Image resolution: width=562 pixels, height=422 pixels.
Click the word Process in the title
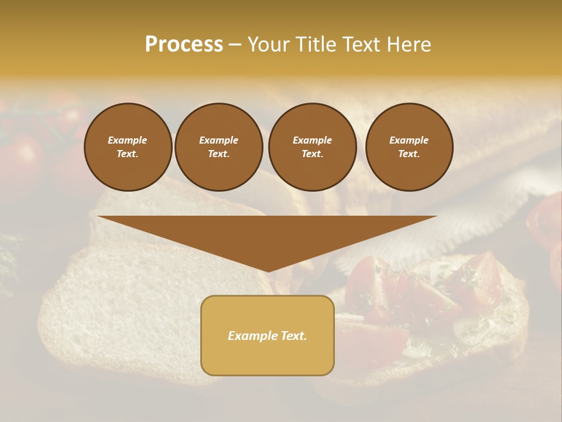(184, 45)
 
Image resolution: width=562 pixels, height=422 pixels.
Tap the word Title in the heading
(315, 45)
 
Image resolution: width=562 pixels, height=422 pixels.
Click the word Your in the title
(268, 45)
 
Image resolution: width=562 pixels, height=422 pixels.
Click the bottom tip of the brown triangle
(268, 270)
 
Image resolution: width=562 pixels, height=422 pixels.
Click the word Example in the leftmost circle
(128, 140)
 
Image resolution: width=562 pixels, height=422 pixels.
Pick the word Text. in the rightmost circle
(409, 154)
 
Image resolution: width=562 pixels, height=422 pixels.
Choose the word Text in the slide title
(360, 45)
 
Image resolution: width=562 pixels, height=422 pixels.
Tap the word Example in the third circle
(312, 140)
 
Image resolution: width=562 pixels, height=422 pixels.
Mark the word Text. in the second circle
(218, 154)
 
